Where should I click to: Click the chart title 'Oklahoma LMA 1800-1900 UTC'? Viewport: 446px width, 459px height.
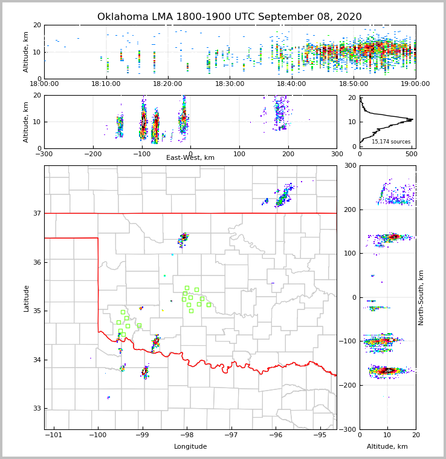pyautogui.click(x=229, y=17)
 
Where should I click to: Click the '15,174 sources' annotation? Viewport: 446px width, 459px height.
pyautogui.click(x=390, y=142)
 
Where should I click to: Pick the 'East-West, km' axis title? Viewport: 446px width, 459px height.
pyautogui.click(x=190, y=158)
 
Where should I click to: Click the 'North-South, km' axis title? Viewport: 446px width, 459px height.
pyautogui.click(x=421, y=297)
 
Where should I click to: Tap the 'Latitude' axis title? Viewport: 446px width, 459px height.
pyautogui.click(x=27, y=298)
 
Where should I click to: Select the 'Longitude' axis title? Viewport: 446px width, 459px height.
pyautogui.click(x=190, y=447)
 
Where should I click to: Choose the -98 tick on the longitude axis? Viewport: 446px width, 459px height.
pyautogui.click(x=187, y=435)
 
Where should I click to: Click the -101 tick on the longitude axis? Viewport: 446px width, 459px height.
pyautogui.click(x=54, y=435)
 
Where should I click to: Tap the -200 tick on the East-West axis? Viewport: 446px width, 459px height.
pyautogui.click(x=92, y=154)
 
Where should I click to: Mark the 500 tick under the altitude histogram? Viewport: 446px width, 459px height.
pyautogui.click(x=411, y=154)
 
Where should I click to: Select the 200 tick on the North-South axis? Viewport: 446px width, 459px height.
pyautogui.click(x=350, y=210)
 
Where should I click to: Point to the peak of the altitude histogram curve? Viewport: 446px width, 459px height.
pyautogui.click(x=412, y=119)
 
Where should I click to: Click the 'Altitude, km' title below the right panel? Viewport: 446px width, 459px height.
pyautogui.click(x=387, y=447)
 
